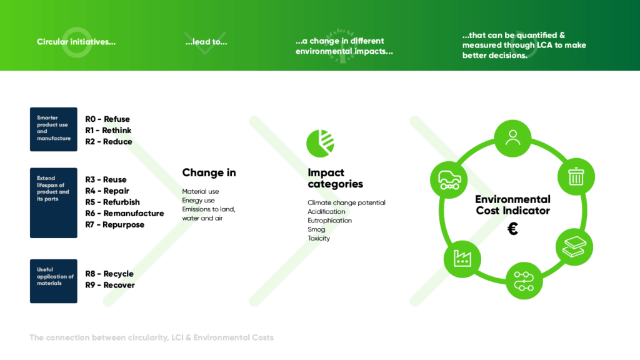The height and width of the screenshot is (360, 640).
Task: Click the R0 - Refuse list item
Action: click(x=107, y=119)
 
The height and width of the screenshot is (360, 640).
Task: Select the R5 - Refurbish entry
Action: click(x=112, y=202)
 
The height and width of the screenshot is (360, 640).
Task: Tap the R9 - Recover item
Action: click(x=110, y=285)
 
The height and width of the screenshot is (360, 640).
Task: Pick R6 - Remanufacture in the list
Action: click(x=124, y=213)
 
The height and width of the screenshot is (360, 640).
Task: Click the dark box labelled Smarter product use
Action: click(x=54, y=129)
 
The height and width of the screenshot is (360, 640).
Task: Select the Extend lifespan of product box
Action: click(x=54, y=202)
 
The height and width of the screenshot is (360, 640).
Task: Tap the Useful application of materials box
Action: click(x=54, y=281)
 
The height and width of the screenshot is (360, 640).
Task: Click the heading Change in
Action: click(x=209, y=173)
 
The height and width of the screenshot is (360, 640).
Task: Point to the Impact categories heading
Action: click(x=335, y=178)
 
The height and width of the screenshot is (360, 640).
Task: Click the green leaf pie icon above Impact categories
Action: click(x=320, y=143)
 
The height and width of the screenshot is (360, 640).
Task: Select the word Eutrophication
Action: click(x=329, y=221)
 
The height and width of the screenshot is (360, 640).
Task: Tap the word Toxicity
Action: click(x=319, y=238)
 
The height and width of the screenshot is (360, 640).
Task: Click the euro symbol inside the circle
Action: click(x=512, y=229)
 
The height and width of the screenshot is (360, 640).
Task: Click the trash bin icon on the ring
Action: click(x=575, y=177)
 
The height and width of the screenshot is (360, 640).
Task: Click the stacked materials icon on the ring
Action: click(x=574, y=247)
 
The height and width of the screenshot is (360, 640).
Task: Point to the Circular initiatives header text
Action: click(x=76, y=42)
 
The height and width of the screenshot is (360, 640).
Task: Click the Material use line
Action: click(x=201, y=191)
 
